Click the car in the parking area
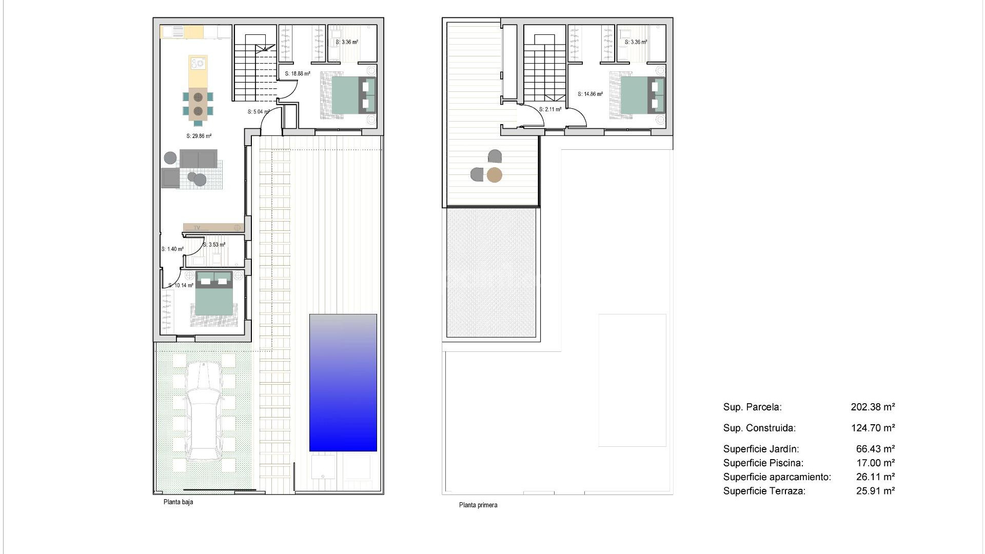[x=204, y=410]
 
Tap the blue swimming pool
[x=343, y=383]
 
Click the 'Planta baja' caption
[x=178, y=502]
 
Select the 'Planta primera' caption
[x=478, y=505]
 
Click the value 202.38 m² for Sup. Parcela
[x=873, y=407]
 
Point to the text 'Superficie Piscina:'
[x=763, y=463]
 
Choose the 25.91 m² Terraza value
[x=875, y=491]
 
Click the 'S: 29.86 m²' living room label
[x=199, y=136]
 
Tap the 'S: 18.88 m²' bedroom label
[x=298, y=74]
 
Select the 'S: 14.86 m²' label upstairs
[x=590, y=94]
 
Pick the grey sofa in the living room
[x=198, y=159]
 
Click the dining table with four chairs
[x=198, y=104]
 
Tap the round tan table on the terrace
[x=494, y=175]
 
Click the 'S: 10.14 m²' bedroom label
[x=181, y=286]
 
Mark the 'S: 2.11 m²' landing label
[x=550, y=109]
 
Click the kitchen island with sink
[x=198, y=71]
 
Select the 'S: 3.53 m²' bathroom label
[x=214, y=245]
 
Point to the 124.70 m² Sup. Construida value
[x=873, y=428]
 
